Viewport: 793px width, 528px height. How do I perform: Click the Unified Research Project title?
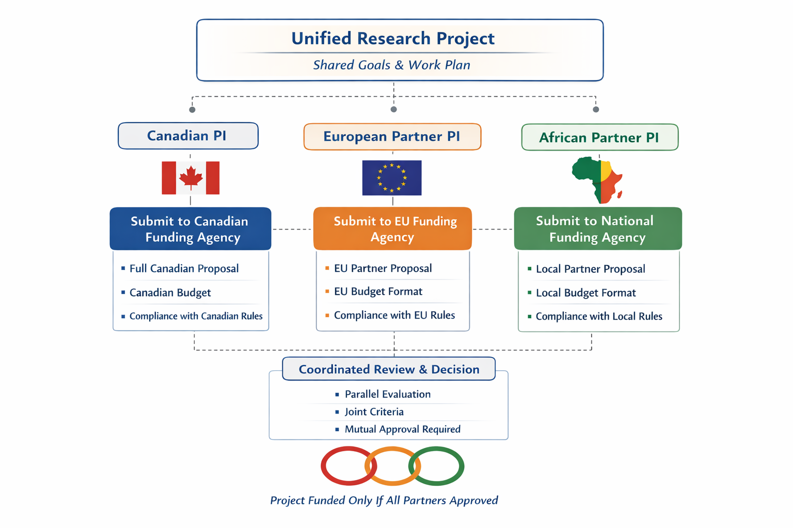[393, 39]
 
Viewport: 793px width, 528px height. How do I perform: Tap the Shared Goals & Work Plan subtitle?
[391, 65]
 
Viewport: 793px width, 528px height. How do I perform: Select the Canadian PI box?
[188, 136]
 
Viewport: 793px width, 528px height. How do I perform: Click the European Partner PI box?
[392, 137]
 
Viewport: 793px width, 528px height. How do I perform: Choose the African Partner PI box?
[599, 138]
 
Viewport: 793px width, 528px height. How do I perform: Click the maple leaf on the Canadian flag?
[191, 177]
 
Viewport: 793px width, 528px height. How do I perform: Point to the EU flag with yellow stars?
[392, 178]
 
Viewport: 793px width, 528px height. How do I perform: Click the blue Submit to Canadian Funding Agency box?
[190, 229]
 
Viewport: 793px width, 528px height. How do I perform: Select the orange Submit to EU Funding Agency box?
[392, 229]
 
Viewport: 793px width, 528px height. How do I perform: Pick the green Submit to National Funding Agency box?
[597, 229]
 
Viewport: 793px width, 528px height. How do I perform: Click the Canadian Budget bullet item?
[170, 293]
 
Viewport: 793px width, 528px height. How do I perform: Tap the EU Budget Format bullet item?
[378, 292]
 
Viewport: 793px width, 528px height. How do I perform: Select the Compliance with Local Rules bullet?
[599, 317]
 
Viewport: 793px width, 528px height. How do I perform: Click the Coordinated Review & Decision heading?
[389, 369]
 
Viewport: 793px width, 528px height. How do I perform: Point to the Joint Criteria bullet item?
[374, 412]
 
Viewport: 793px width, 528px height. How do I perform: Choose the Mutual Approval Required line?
[402, 430]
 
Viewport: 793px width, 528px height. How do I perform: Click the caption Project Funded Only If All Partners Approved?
[384, 501]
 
